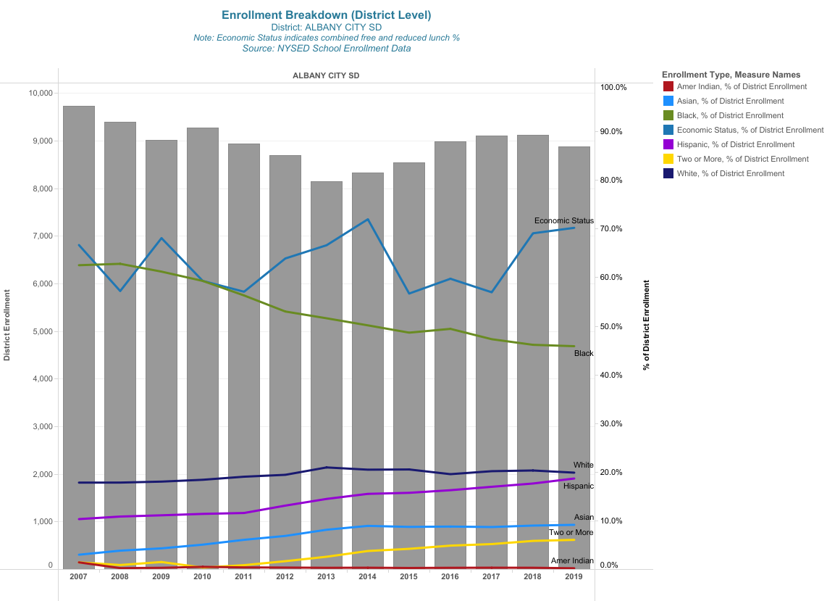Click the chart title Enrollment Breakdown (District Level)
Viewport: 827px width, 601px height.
(326, 15)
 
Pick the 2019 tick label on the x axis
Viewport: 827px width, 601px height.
(574, 577)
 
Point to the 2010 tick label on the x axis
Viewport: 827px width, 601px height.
(203, 577)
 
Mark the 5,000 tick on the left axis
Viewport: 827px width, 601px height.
(41, 331)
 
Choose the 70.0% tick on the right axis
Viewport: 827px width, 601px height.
(613, 229)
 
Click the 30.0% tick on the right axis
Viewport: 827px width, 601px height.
(613, 424)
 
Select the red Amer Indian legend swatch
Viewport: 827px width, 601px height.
(668, 86)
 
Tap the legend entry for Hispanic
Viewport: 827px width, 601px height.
(736, 144)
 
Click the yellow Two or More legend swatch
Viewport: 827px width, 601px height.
(668, 159)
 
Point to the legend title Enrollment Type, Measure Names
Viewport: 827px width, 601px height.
(731, 75)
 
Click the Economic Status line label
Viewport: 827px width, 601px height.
(563, 220)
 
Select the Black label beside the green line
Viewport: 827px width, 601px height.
(584, 354)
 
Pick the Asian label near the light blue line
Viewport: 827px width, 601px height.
(584, 518)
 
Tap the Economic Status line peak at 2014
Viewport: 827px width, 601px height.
(368, 220)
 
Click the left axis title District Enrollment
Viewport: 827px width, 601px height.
(7, 325)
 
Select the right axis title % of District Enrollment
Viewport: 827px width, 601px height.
(646, 325)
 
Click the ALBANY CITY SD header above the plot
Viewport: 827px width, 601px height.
(326, 75)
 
